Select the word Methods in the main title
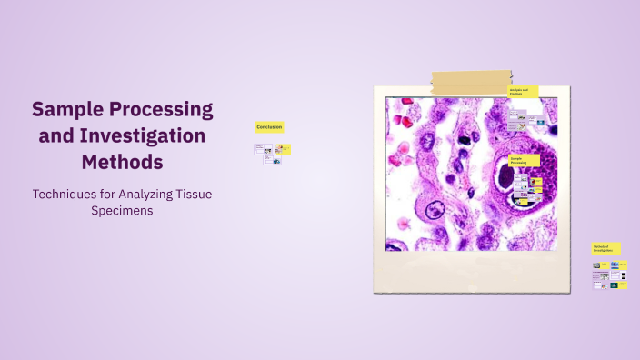(122, 163)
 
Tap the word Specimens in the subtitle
(122, 210)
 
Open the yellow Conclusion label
(269, 127)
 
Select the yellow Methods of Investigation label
(605, 247)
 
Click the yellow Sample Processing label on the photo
(524, 160)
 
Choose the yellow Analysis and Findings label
(523, 92)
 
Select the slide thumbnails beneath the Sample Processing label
(528, 186)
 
